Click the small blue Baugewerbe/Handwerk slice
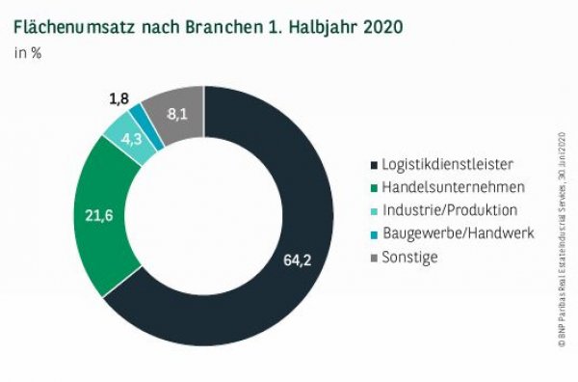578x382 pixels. pos(145,117)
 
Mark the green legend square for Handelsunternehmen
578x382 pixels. pos(376,187)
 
